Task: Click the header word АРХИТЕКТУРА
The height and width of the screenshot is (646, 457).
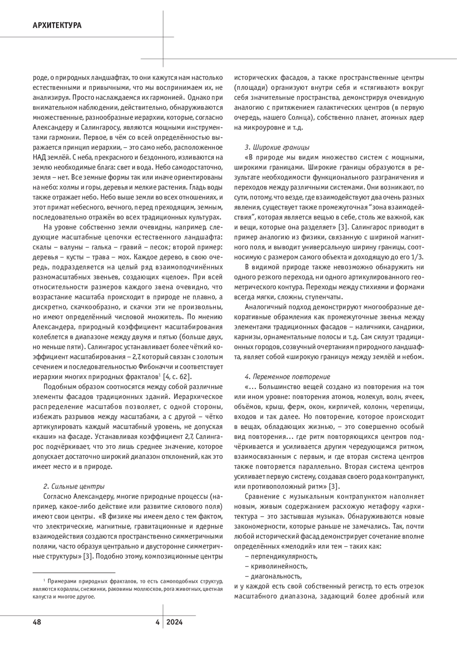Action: [57, 26]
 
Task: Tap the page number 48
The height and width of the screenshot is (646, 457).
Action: [37, 622]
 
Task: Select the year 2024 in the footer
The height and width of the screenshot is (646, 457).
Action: [175, 622]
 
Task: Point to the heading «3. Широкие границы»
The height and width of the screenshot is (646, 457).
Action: [277, 147]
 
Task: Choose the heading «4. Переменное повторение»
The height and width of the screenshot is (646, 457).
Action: [287, 377]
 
